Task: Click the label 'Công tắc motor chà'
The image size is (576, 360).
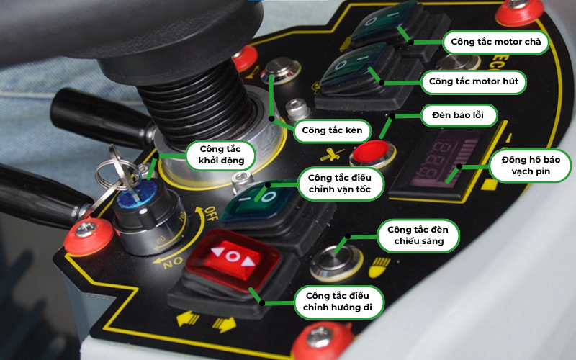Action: [495, 42]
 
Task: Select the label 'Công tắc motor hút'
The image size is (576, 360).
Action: [473, 81]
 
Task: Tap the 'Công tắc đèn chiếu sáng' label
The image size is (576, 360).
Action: [418, 237]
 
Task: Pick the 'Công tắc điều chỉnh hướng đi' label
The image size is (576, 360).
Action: [338, 302]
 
